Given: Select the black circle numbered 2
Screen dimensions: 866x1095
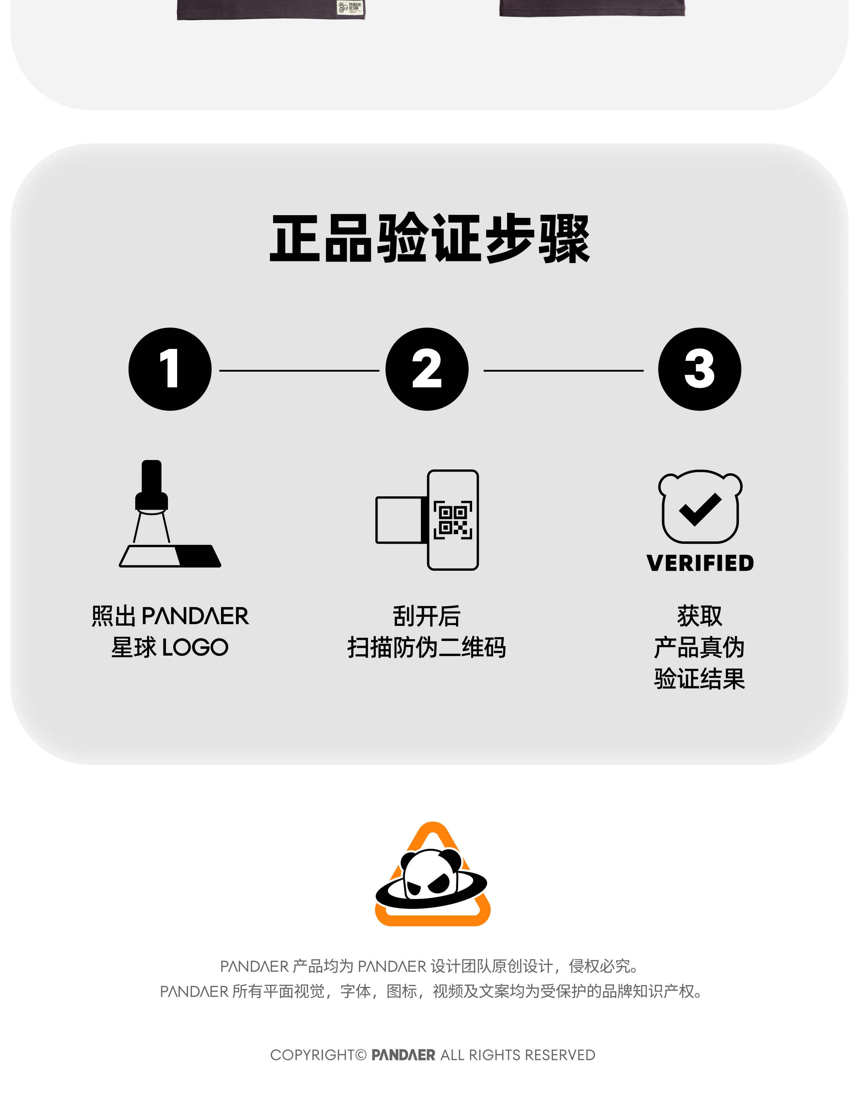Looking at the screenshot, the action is pyautogui.click(x=427, y=369).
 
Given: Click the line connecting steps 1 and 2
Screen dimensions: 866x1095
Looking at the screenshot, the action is pyautogui.click(x=299, y=370).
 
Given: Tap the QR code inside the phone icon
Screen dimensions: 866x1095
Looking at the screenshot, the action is pyautogui.click(x=453, y=519).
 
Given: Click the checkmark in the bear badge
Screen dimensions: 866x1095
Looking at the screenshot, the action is pyautogui.click(x=700, y=509).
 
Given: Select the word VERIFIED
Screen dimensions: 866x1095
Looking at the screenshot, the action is pyautogui.click(x=700, y=563).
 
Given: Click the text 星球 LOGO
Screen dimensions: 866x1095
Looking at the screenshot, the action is pyautogui.click(x=170, y=647).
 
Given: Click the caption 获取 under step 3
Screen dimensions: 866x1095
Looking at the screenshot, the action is pyautogui.click(x=700, y=616).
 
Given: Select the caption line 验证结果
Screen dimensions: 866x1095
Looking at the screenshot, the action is pyautogui.click(x=700, y=679).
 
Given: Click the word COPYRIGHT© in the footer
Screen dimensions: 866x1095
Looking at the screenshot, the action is pyautogui.click(x=318, y=1055).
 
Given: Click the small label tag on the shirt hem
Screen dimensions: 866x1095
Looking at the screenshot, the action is pyautogui.click(x=350, y=8).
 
